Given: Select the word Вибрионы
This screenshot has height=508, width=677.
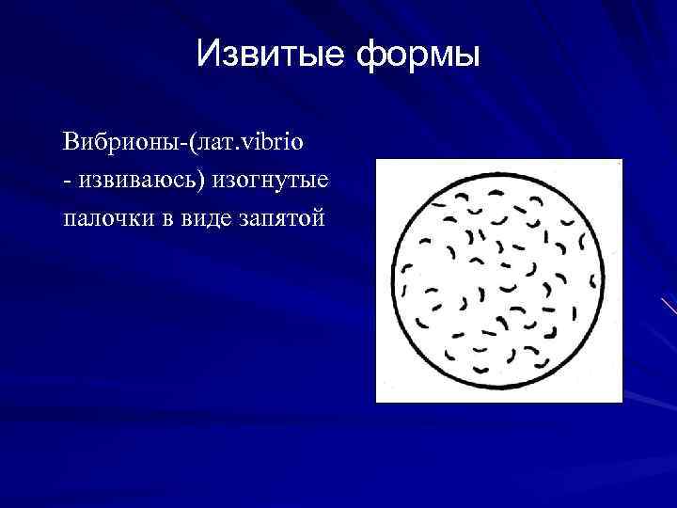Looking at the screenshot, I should click(x=120, y=144).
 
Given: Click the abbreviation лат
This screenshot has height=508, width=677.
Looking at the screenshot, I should click(x=217, y=145).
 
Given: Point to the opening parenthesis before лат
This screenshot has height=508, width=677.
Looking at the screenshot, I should click(x=193, y=145).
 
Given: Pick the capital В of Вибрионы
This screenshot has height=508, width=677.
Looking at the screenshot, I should click(x=70, y=144).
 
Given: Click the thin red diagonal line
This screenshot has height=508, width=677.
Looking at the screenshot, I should click(x=669, y=306).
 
